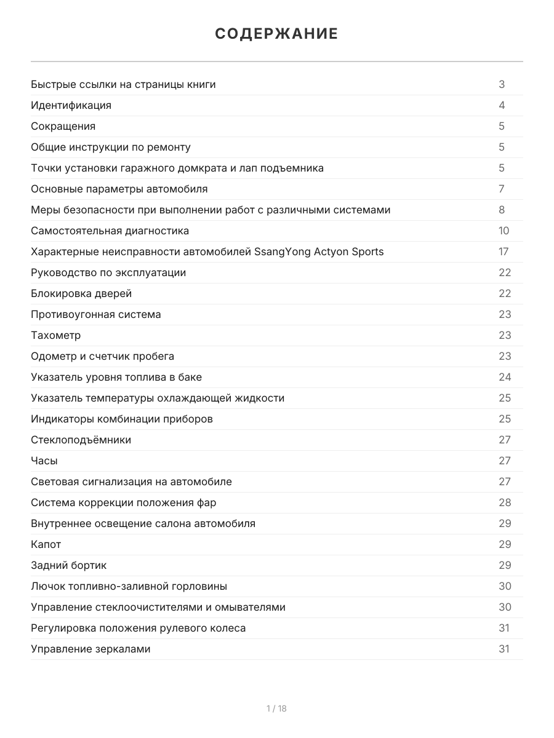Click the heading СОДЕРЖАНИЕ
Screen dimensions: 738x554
point(276,34)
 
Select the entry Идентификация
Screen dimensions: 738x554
point(71,105)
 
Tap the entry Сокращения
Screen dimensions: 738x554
point(63,126)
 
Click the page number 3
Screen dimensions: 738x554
point(502,84)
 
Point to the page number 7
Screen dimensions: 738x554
point(502,189)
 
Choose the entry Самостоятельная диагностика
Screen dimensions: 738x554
point(110,231)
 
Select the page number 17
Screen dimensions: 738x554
point(504,252)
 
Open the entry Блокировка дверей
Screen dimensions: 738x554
point(81,293)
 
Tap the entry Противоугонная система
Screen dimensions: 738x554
point(96,314)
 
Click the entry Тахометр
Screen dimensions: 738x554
point(56,335)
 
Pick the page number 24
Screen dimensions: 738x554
point(505,377)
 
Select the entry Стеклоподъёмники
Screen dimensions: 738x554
point(81,440)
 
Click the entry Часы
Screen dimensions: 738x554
point(44,461)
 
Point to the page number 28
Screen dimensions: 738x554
point(505,502)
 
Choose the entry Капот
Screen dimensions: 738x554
point(46,544)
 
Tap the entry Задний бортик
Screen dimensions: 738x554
point(69,565)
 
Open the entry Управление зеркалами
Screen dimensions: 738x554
point(90,649)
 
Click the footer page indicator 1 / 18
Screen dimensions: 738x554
point(276,708)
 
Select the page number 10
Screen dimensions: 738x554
point(504,231)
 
